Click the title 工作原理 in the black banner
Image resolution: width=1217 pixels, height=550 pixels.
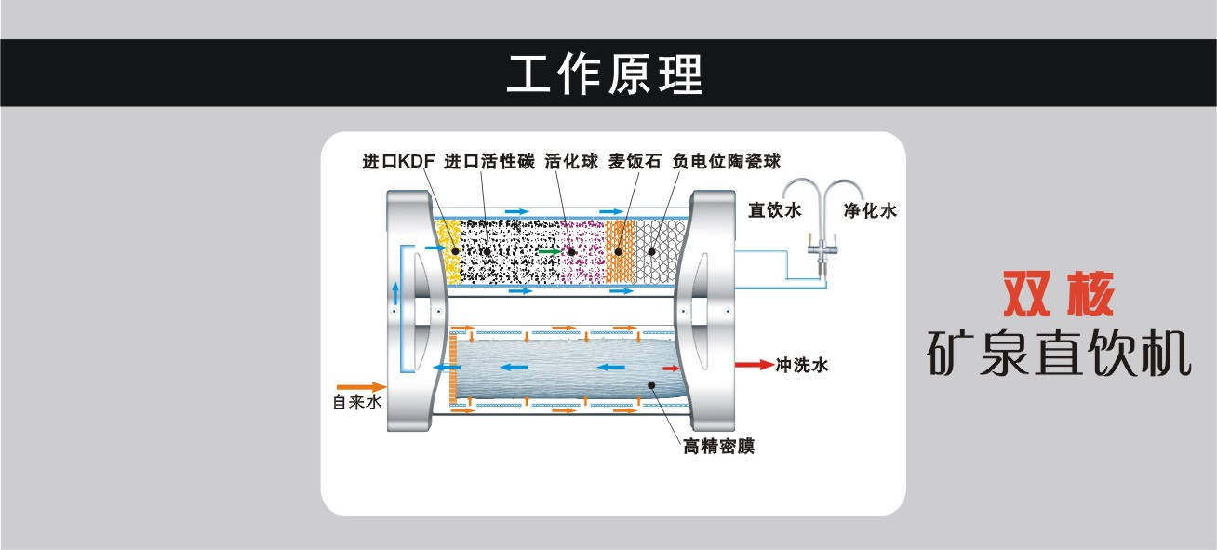click(x=605, y=73)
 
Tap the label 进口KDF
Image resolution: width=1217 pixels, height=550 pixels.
click(x=399, y=160)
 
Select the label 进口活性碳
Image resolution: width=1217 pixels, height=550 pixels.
click(x=489, y=160)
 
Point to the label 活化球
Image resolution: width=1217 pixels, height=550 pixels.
click(x=571, y=160)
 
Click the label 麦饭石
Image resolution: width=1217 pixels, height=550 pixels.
click(x=635, y=160)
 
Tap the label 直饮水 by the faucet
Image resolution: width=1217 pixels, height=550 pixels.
click(x=775, y=210)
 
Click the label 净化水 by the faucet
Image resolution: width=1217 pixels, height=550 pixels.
click(x=870, y=210)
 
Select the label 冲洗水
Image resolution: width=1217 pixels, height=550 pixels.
click(x=801, y=364)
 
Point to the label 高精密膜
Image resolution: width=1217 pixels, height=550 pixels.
click(x=718, y=447)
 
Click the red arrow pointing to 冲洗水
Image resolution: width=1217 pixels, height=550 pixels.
click(x=753, y=364)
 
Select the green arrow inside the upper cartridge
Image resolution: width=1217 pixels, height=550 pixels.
click(x=550, y=251)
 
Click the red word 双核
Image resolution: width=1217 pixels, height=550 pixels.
click(x=1057, y=295)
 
